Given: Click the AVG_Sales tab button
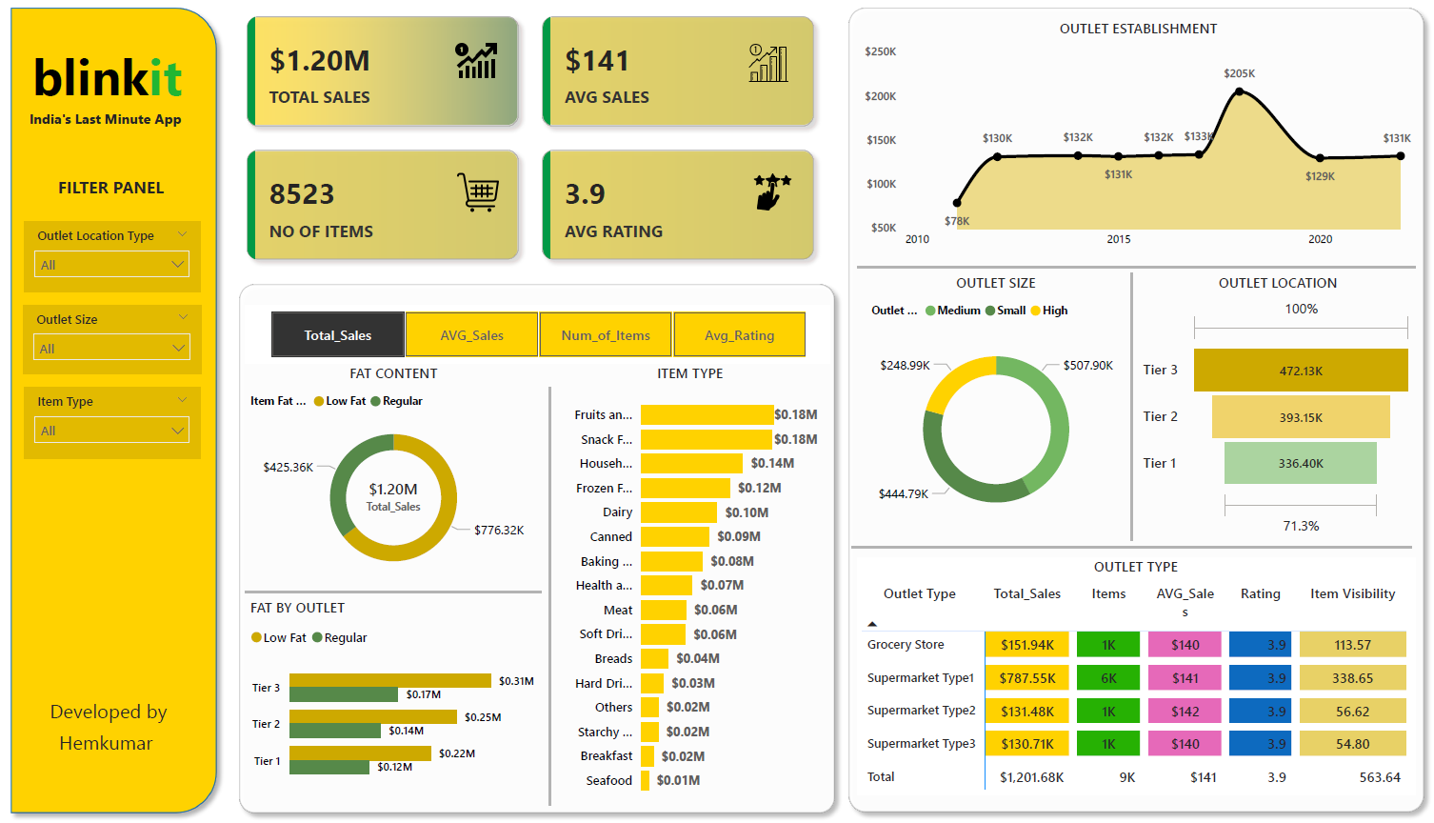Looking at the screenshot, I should (471, 335).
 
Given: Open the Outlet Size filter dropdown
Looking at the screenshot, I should (111, 349).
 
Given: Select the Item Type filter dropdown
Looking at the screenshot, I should (111, 431).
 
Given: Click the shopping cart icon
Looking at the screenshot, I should (478, 191).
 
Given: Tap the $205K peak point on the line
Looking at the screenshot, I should (1239, 91).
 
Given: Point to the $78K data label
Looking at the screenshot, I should (957, 221).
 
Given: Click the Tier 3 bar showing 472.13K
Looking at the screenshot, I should (1301, 371).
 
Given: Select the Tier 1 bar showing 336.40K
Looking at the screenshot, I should (1301, 464).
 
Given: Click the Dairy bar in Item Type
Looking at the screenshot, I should (678, 512).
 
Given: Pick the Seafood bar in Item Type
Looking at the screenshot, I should (645, 780).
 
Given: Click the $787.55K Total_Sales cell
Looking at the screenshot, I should (1027, 678).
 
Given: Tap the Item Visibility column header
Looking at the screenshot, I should (1352, 593).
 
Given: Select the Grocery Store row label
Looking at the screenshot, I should (906, 645).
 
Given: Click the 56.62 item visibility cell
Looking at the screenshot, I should (1352, 712).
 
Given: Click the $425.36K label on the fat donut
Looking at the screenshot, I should (289, 468).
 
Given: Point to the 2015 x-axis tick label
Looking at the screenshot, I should (1119, 239).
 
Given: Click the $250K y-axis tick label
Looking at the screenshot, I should (881, 51).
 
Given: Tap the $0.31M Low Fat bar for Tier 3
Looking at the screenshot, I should (390, 680).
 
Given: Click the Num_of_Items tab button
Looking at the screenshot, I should (606, 335).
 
